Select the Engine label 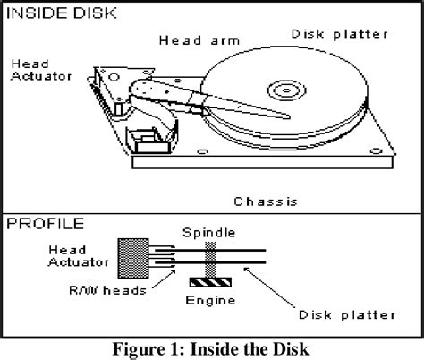tap(211, 303)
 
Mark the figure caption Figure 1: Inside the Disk tap(211, 345)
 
